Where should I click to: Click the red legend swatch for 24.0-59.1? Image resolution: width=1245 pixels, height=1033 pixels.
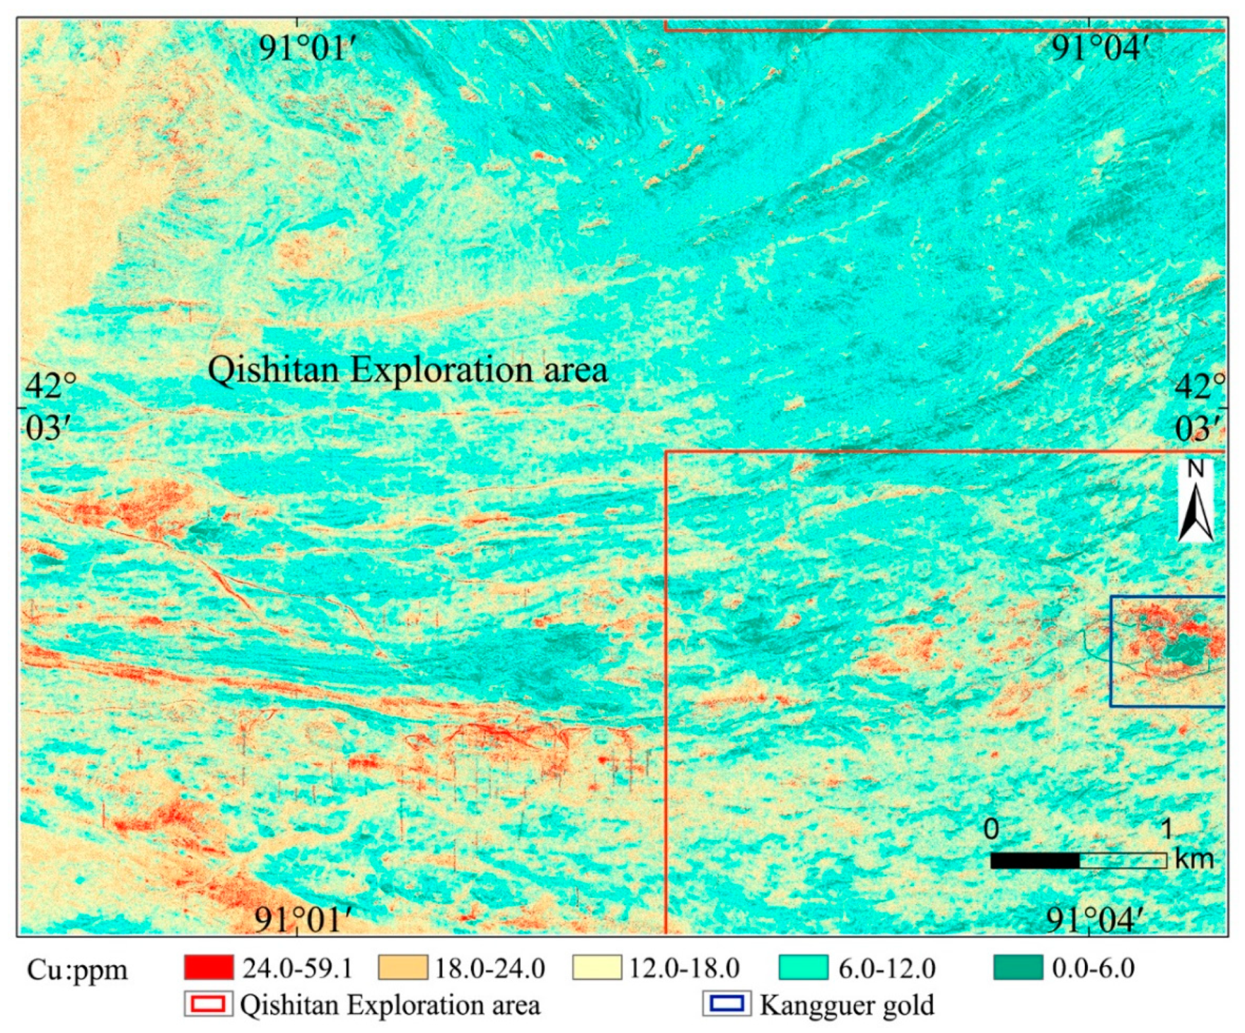208,968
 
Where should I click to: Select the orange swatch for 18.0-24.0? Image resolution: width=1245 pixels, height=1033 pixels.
402,968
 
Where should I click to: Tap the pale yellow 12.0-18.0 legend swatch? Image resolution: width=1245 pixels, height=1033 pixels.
596,968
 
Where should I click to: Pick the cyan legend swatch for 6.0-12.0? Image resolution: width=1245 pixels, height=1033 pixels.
803,968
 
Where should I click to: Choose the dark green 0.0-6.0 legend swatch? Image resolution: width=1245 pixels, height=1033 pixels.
1018,968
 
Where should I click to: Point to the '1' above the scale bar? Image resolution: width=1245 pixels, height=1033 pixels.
1166,830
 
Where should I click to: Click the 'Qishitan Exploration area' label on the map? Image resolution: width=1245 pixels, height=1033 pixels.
408,369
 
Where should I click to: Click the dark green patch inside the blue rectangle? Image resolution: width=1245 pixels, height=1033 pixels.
1183,650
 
